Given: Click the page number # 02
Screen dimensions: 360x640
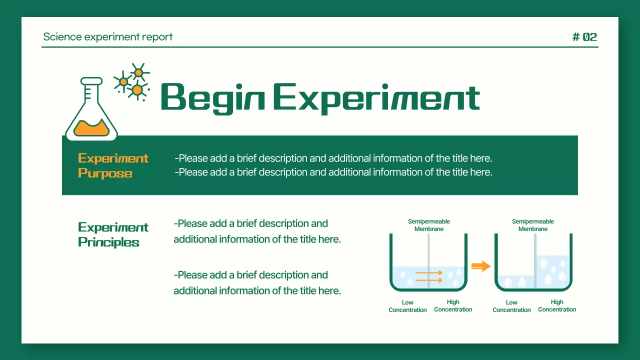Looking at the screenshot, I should coord(584,37).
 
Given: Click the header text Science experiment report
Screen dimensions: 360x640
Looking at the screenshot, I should coord(107,37).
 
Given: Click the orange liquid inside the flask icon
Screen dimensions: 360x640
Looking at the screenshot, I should coord(91,128).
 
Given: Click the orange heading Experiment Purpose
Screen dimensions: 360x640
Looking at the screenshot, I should coord(113,165).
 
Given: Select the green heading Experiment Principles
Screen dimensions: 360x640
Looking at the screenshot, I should coord(113,234).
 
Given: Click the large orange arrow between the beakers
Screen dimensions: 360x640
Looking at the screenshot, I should coord(480,266).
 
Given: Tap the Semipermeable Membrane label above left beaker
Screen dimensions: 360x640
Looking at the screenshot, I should coord(429,225).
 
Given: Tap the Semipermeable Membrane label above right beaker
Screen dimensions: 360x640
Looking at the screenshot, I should coord(533,225).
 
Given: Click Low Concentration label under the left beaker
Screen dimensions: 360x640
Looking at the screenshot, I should coord(407,306).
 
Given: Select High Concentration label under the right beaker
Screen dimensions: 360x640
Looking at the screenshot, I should coord(557,305).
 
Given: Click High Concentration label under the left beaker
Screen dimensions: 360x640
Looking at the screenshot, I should coord(453,305).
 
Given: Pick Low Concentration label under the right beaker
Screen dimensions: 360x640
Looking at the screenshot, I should coord(511,306).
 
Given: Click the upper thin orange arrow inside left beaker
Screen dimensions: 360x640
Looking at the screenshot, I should coord(428,273).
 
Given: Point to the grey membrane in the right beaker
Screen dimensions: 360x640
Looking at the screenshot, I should coord(535,260).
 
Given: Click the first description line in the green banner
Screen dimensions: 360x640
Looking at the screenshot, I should coord(333,158).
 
